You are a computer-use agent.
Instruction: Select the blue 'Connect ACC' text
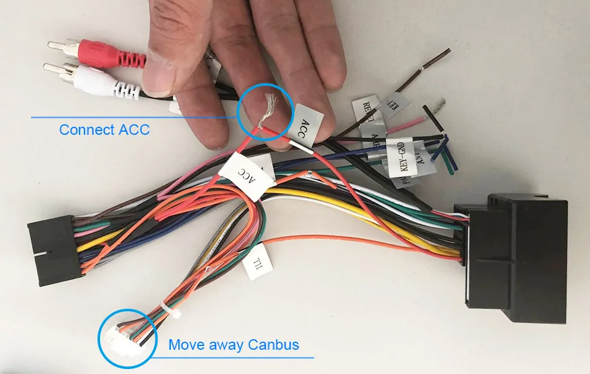[104, 130]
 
